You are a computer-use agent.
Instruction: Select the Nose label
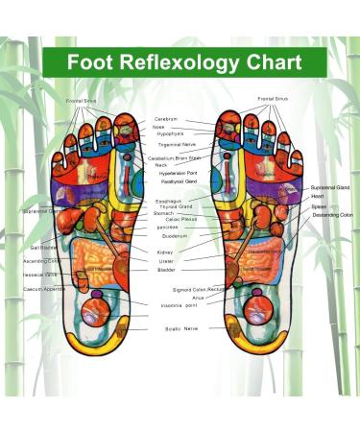160,127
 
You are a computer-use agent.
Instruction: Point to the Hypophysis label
169,134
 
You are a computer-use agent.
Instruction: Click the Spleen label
318,206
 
